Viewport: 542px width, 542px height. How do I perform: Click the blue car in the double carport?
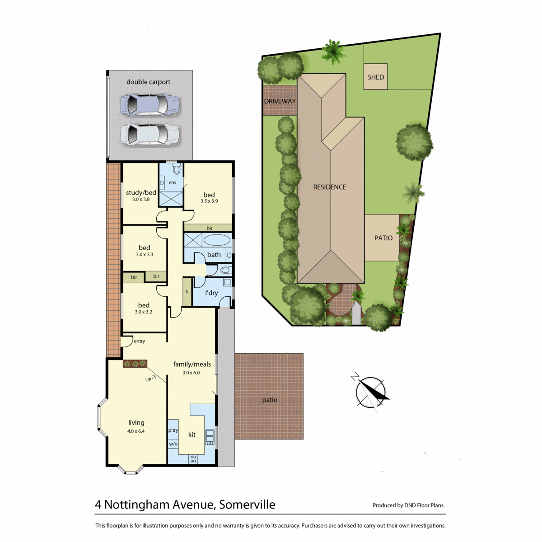click(x=150, y=105)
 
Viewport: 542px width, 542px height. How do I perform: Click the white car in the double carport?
click(x=150, y=135)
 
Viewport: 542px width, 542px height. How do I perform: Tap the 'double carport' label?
click(x=148, y=82)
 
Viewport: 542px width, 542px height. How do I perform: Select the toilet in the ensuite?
click(x=176, y=169)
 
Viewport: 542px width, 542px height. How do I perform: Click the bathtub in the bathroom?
click(x=216, y=240)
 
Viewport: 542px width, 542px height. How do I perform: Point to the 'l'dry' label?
click(x=211, y=293)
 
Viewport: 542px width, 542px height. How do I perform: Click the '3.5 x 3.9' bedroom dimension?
click(x=209, y=201)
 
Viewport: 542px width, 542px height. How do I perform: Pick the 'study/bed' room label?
click(x=141, y=193)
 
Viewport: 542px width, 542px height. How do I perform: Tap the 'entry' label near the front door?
click(x=139, y=341)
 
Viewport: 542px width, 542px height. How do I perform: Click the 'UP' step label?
click(x=148, y=380)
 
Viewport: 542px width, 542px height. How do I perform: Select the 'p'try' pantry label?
click(x=173, y=430)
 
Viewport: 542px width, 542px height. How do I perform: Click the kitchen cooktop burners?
click(x=193, y=459)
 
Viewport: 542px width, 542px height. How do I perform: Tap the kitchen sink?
click(x=210, y=437)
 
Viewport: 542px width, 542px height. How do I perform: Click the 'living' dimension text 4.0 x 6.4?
click(x=136, y=431)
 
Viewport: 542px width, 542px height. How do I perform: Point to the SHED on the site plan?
click(x=375, y=76)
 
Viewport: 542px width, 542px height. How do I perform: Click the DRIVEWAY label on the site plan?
click(x=280, y=101)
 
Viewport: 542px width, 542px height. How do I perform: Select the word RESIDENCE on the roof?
click(x=330, y=187)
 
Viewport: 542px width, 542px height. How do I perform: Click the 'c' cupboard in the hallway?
click(x=187, y=292)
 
